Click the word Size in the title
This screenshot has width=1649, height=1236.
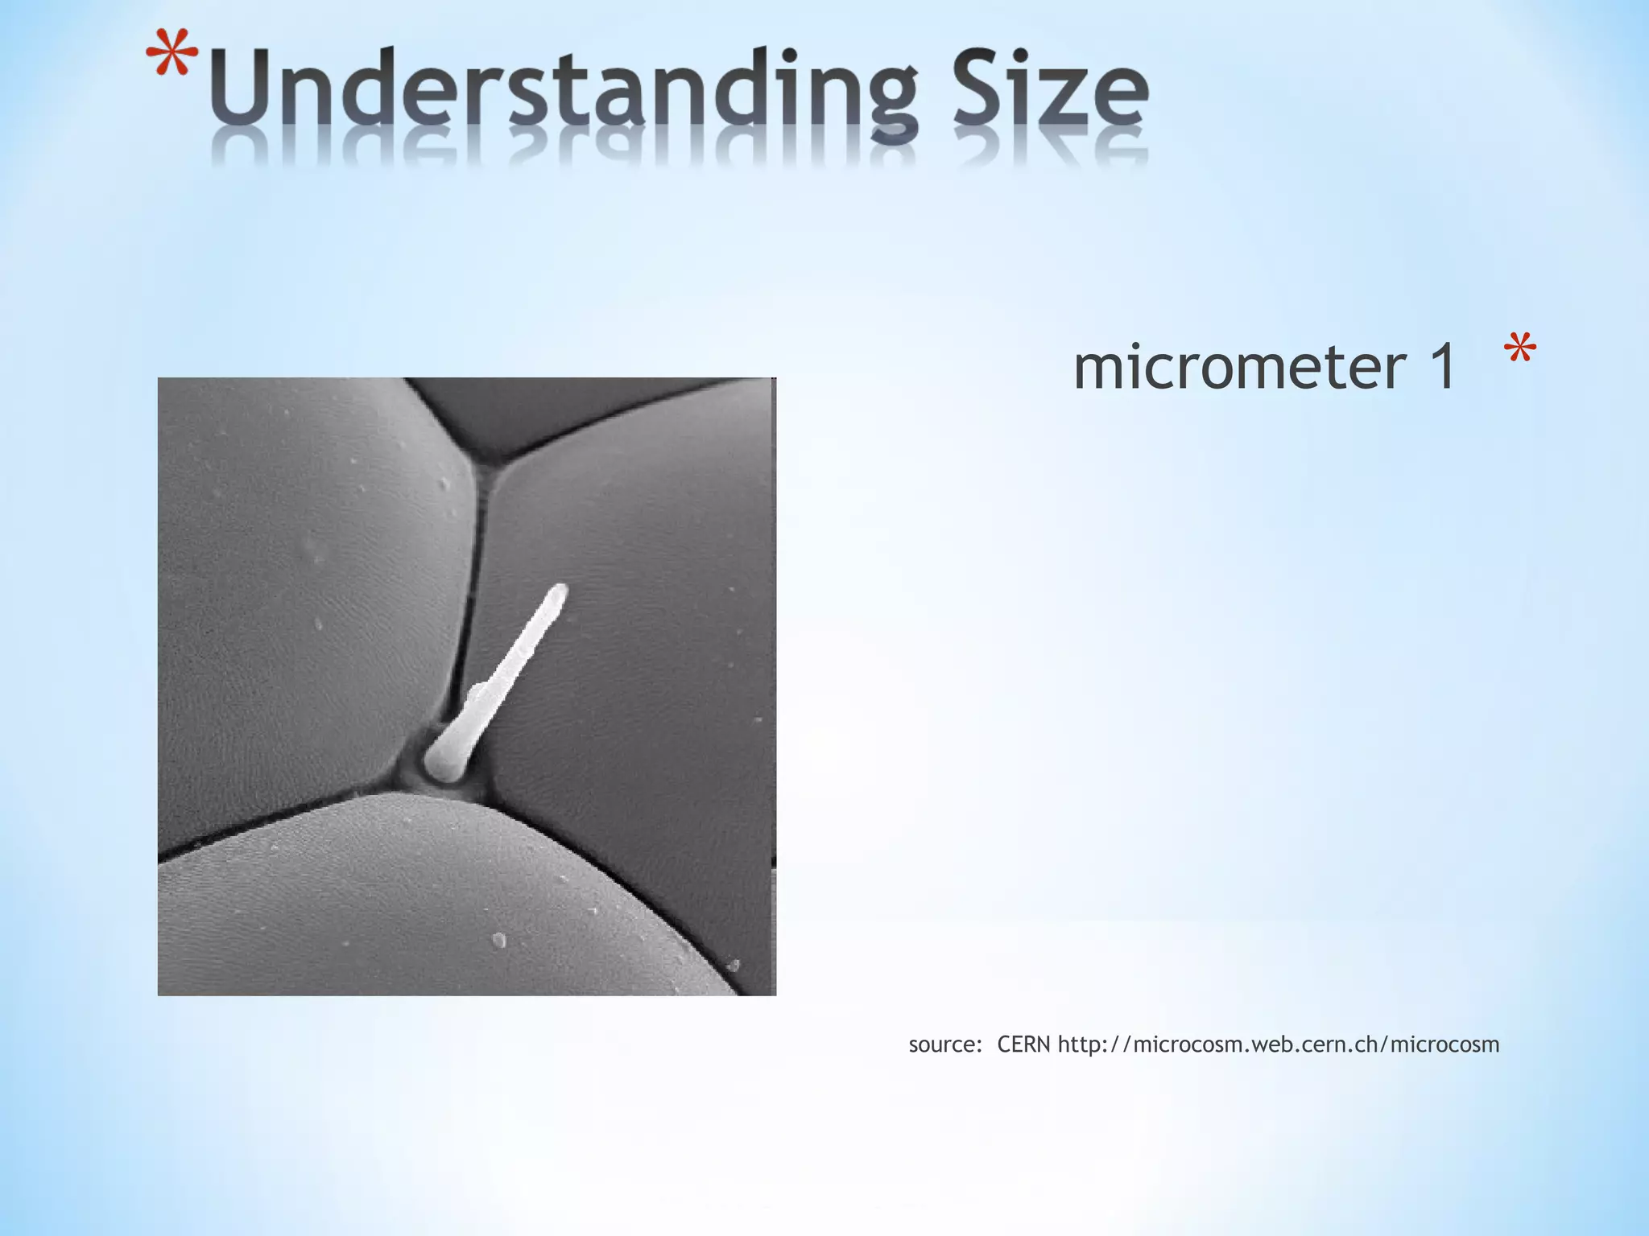[x=1052, y=90]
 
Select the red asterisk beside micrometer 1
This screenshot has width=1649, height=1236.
[x=1519, y=352]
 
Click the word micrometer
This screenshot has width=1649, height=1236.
[x=1239, y=367]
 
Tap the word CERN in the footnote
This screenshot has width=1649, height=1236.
[x=1023, y=1044]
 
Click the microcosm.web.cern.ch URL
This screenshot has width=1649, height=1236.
[x=1279, y=1045]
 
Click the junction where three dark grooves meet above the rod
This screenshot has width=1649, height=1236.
[x=484, y=463]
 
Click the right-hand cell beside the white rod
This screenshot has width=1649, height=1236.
[x=644, y=644]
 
